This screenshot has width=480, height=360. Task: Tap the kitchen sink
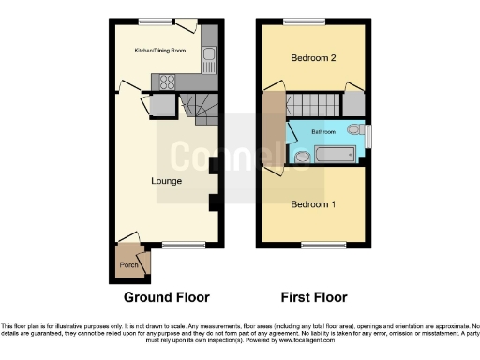pyautogui.click(x=209, y=60)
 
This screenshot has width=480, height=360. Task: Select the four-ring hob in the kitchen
pyautogui.click(x=170, y=81)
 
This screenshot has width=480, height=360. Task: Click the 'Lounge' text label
pyautogui.click(x=166, y=180)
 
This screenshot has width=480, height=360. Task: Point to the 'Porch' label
pyautogui.click(x=128, y=265)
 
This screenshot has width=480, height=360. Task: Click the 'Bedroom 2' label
pyautogui.click(x=313, y=58)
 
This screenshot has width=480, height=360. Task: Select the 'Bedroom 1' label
pyautogui.click(x=313, y=204)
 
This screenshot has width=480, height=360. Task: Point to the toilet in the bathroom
pyautogui.click(x=353, y=130)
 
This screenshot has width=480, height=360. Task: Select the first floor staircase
pyautogui.click(x=314, y=103)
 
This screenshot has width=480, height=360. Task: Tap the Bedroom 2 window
pyautogui.click(x=298, y=21)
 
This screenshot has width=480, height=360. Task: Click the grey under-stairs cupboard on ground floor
pyautogui.click(x=160, y=105)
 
